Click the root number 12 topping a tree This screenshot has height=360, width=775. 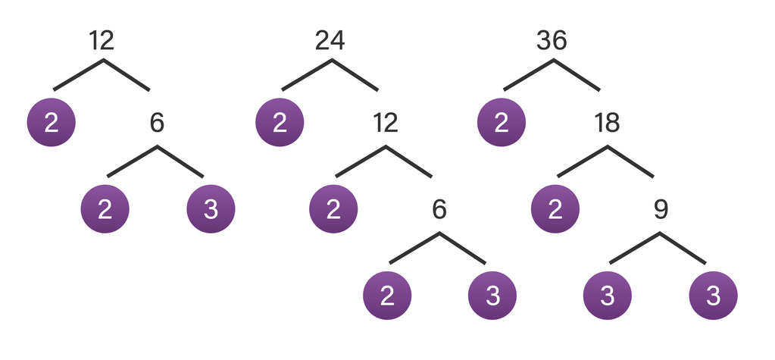pos(101,40)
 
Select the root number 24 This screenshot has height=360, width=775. pos(330,40)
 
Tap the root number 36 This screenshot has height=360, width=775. pos(552,40)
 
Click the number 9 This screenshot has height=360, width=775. pos(659,208)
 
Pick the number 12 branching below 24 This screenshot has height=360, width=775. pos(385,122)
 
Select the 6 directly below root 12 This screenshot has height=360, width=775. pos(157,122)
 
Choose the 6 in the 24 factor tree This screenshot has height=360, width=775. pos(439,208)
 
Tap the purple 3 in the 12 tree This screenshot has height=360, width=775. pos(211,208)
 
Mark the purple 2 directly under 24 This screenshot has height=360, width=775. pos(280,123)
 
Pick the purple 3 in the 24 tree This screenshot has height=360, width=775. pos(492,295)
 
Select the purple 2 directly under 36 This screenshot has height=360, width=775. pos(501,123)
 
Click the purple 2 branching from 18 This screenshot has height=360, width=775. pos(555,208)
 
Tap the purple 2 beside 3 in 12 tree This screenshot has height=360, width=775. pos(105,208)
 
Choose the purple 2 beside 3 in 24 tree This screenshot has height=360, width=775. pos(387,295)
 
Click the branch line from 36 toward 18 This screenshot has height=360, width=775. pos(577,75)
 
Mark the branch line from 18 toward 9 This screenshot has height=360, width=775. pos(631,161)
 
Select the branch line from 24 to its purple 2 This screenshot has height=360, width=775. pos(306,75)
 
